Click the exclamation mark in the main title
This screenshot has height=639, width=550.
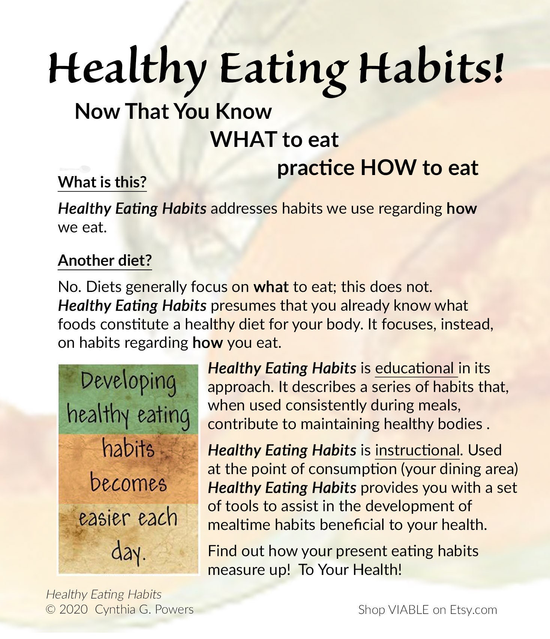point(497,67)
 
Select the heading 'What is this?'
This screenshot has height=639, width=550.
point(102,182)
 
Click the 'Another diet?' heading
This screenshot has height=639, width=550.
point(105,260)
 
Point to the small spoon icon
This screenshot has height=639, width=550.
point(75,169)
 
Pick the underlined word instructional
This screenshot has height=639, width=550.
point(417,450)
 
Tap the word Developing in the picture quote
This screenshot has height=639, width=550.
point(128,382)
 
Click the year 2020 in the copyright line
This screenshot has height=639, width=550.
point(73,610)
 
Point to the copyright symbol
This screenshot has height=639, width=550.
point(50,610)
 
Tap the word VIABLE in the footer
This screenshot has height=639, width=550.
point(409,610)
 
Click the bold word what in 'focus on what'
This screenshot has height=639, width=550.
point(271,287)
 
